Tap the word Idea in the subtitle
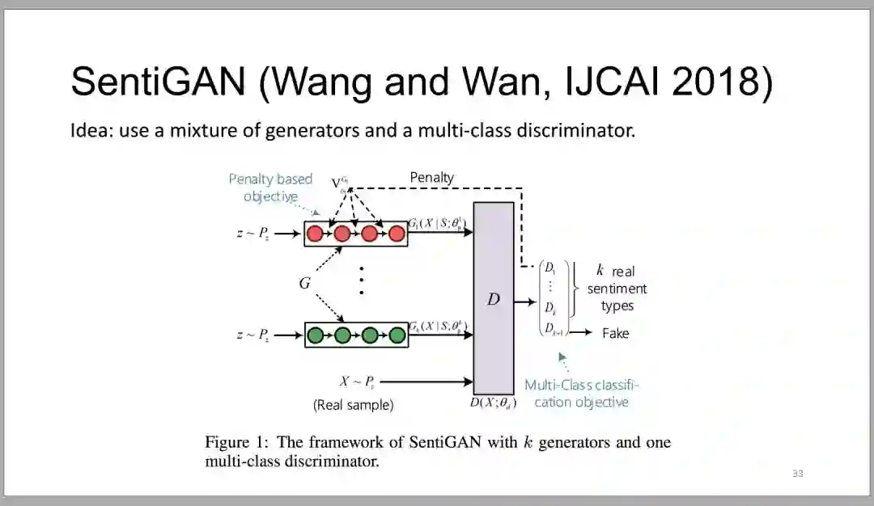click(90, 131)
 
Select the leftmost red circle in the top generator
click(315, 234)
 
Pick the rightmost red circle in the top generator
click(397, 234)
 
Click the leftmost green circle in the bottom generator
click(316, 334)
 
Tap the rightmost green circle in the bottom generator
click(397, 334)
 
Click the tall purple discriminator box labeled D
click(494, 299)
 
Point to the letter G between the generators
click(304, 284)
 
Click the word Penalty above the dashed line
click(432, 177)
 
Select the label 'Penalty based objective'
click(270, 188)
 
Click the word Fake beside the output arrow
click(615, 333)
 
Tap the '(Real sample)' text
click(353, 405)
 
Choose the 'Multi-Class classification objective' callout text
click(581, 394)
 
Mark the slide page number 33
click(797, 473)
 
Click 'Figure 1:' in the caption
click(237, 442)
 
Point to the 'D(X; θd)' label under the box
click(493, 403)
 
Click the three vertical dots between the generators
click(361, 281)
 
